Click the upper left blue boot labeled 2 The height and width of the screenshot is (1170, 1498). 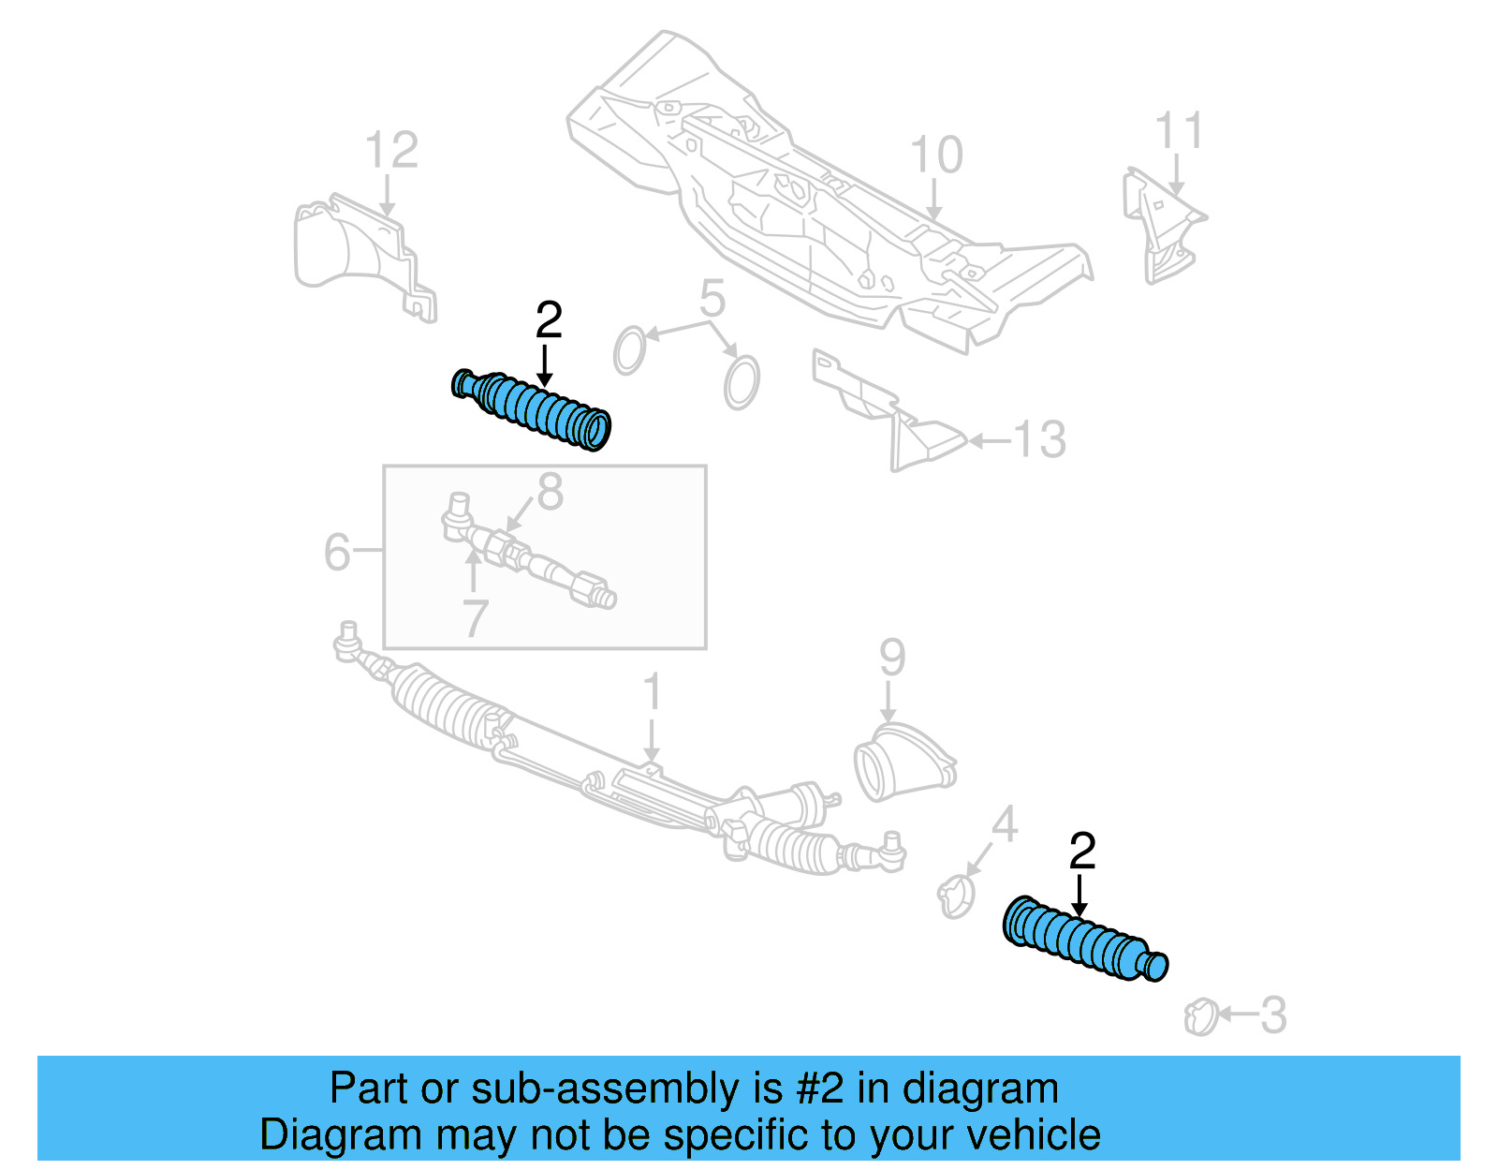pos(532,409)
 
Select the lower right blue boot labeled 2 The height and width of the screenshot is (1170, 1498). pos(1084,940)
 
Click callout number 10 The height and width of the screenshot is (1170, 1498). pos(936,155)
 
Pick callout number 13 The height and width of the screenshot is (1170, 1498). pos(1039,439)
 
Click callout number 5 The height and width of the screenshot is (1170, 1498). pos(712,299)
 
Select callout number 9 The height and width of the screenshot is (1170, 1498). pos(892,658)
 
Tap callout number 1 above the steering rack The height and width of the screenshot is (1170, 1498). pos(653,692)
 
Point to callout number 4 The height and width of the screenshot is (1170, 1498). pos(1004,824)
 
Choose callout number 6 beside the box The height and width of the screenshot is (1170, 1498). pos(337,552)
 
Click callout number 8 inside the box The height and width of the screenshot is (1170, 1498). pos(551,493)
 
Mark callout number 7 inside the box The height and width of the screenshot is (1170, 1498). pos(476,618)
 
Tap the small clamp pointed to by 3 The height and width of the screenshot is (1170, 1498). pos(1201,1017)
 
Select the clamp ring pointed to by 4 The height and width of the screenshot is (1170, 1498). pos(956,896)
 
